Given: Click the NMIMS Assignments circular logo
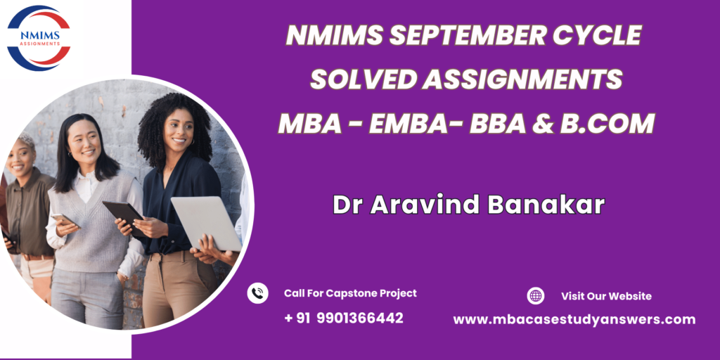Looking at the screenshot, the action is click(x=39, y=38).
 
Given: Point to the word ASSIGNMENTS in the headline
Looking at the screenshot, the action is click(x=522, y=79).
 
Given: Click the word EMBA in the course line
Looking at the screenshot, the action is click(x=407, y=124).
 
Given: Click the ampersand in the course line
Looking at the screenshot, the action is click(x=542, y=124).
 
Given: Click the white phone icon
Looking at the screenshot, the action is click(x=257, y=293).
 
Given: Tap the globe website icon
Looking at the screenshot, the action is click(x=535, y=296).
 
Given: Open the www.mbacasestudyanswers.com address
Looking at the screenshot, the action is click(x=574, y=320).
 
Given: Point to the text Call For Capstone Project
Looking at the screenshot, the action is click(x=350, y=293).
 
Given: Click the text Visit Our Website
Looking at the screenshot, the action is click(x=606, y=296).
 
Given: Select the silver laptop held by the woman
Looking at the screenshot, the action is click(x=206, y=223).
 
